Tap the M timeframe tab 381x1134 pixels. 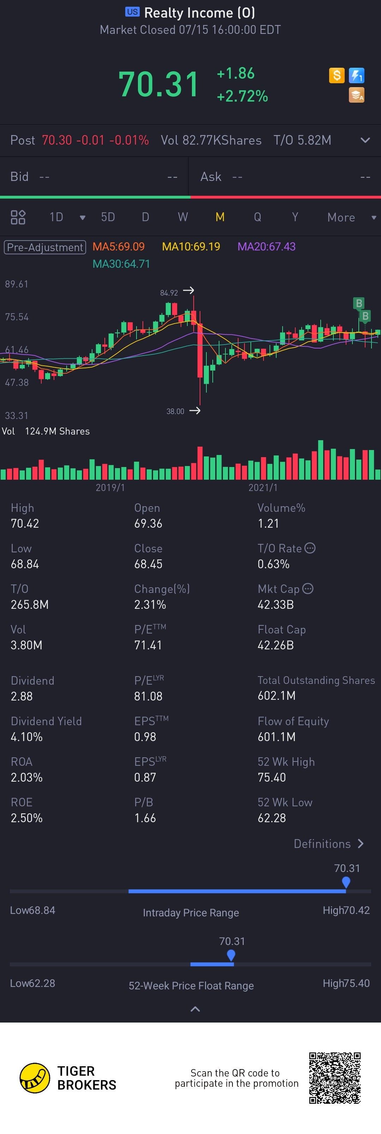[220, 217]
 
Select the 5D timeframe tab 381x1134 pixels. [108, 217]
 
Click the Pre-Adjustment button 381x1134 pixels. [45, 247]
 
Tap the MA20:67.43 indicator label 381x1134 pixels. [266, 247]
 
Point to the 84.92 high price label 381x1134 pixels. [169, 293]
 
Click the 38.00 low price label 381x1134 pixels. [175, 411]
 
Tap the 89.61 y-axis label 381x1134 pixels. [17, 284]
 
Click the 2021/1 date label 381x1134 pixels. [263, 487]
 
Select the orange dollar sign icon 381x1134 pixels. [337, 75]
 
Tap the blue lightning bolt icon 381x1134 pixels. [356, 75]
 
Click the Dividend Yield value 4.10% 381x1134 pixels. [27, 737]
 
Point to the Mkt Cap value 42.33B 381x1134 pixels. [276, 605]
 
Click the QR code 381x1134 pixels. [335, 1078]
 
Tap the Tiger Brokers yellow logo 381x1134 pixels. [35, 1078]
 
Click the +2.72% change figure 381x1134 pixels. [242, 96]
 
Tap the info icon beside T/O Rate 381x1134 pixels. [310, 548]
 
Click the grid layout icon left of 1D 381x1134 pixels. [18, 217]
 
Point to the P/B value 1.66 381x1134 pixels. [145, 818]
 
